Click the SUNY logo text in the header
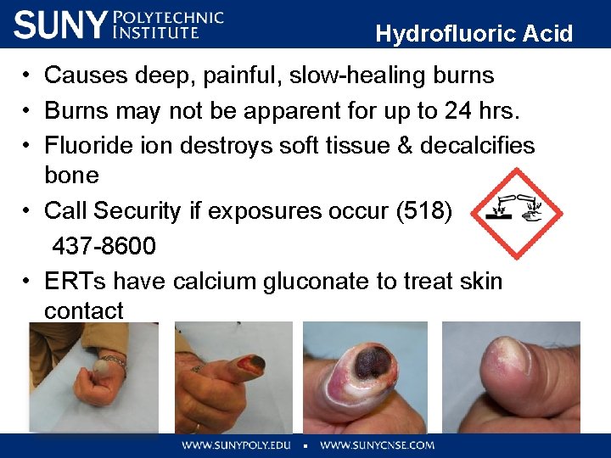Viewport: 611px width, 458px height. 59,25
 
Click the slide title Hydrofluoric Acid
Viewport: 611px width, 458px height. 474,34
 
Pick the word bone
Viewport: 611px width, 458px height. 71,176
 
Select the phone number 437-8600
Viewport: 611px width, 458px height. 104,247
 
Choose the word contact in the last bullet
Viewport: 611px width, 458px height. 83,310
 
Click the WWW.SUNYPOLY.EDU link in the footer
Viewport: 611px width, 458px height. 235,444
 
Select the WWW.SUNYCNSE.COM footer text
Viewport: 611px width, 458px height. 377,444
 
